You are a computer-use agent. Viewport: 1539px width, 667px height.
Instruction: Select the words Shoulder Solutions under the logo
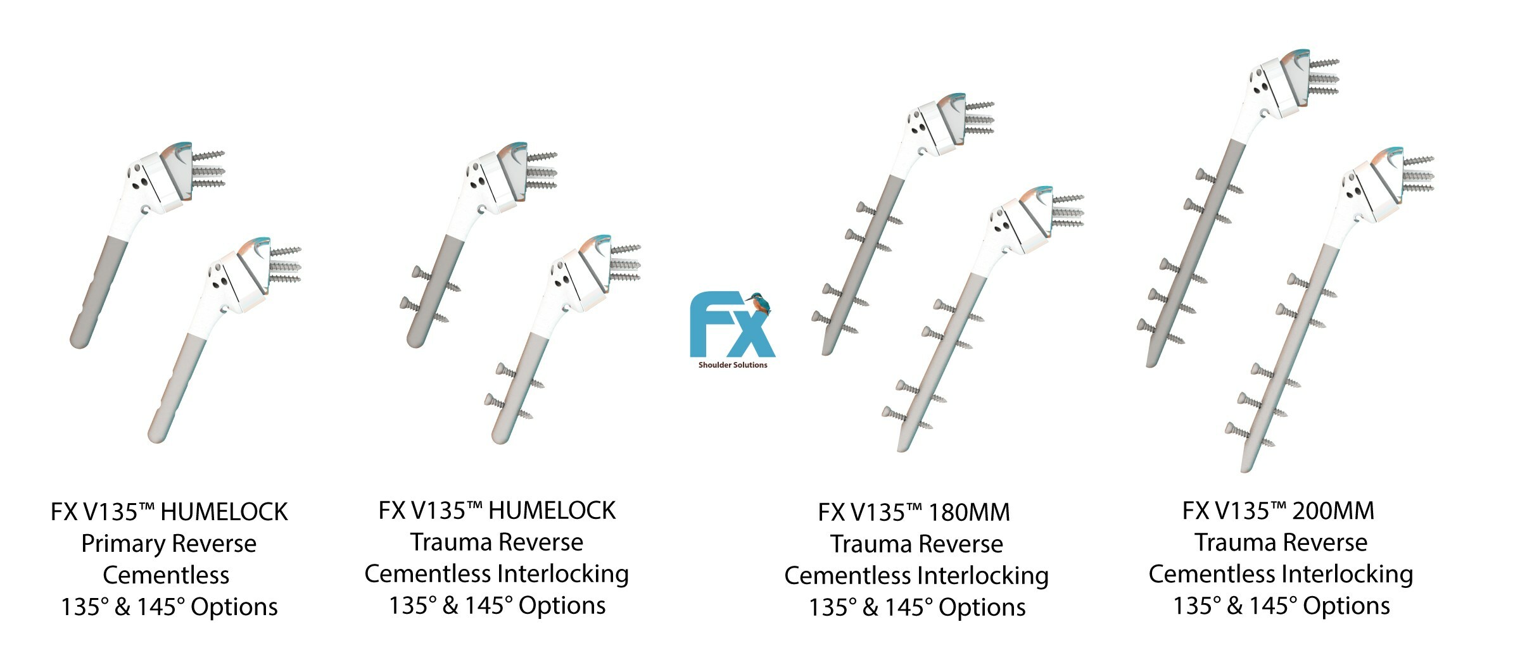point(733,365)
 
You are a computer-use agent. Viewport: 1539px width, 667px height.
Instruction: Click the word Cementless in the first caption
point(166,575)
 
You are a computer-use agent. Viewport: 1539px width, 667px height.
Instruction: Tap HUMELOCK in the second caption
point(552,511)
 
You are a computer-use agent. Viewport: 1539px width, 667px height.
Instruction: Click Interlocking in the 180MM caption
point(983,576)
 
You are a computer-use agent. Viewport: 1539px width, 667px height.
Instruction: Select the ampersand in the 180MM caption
point(870,608)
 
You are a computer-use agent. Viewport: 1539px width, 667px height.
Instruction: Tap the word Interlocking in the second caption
point(563,574)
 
